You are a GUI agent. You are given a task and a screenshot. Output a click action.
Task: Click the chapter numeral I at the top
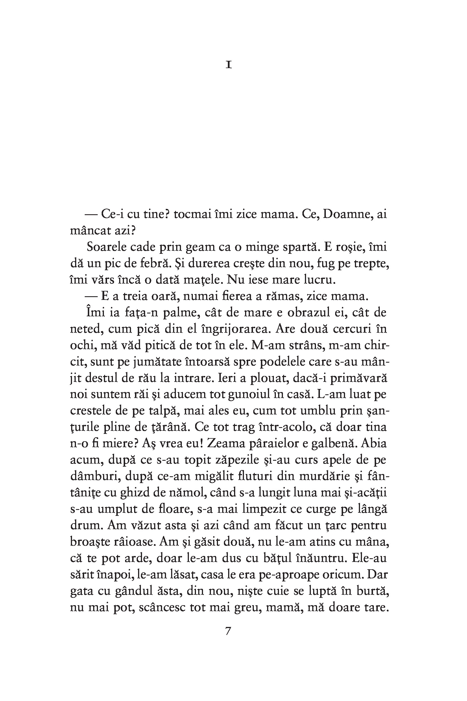pyautogui.click(x=228, y=65)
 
